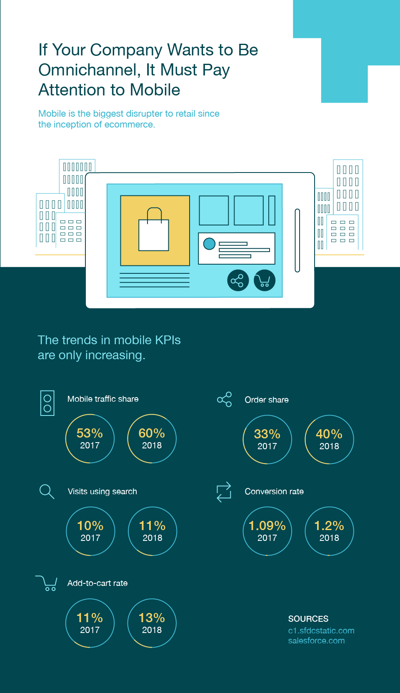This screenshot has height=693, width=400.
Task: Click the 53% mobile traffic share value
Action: click(90, 434)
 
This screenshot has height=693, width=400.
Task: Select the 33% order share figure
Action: click(267, 435)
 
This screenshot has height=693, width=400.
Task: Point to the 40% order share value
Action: click(329, 435)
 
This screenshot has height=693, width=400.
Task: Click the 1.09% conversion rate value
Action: click(267, 526)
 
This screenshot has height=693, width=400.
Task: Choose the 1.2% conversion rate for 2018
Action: click(329, 526)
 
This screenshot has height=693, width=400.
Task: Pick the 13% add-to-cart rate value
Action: click(152, 618)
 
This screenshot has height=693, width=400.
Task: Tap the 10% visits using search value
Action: click(90, 526)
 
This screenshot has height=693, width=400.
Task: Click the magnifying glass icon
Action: click(47, 491)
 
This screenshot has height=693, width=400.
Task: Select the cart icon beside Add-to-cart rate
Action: click(47, 583)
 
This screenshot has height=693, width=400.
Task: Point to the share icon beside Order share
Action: click(225, 399)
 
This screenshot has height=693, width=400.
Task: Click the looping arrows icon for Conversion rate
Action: click(224, 492)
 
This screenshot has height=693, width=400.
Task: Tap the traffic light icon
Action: click(47, 403)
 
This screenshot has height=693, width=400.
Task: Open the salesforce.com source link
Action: click(316, 641)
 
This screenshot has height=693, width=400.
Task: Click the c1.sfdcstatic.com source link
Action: click(321, 631)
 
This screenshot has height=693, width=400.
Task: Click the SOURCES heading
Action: click(308, 619)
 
